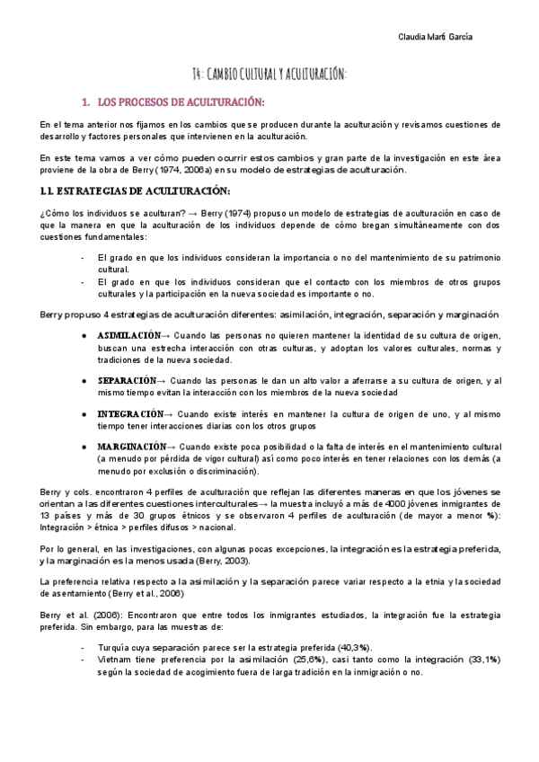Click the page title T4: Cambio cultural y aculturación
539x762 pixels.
[269, 74]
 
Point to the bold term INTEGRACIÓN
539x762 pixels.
[133, 412]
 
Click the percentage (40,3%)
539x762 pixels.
[326, 648]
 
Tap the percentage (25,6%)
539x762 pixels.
[309, 660]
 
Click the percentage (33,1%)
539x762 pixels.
[481, 660]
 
